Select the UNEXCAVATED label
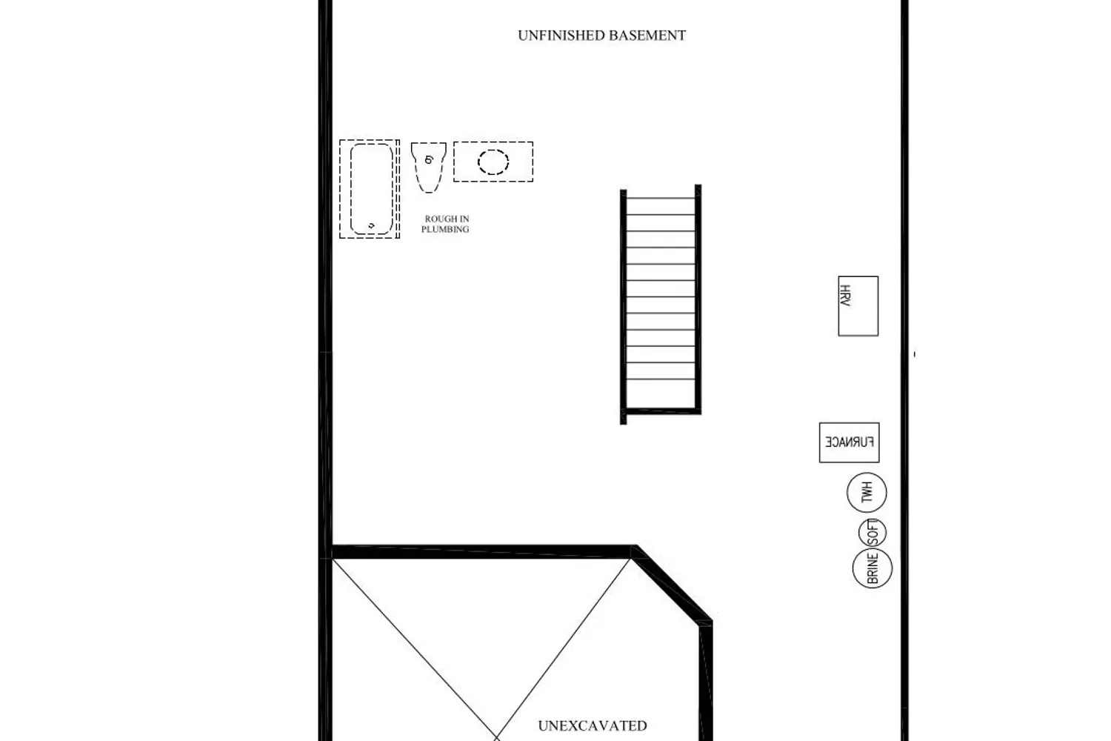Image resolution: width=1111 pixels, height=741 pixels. [593, 726]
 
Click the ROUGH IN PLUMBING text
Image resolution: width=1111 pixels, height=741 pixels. [446, 225]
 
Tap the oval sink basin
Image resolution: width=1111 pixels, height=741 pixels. [493, 162]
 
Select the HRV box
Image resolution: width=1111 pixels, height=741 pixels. [858, 306]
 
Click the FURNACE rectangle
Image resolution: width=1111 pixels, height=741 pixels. [849, 442]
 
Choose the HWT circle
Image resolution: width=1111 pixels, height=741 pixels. [867, 493]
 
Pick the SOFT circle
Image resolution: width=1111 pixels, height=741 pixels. [873, 533]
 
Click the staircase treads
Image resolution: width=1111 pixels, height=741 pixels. [661, 296]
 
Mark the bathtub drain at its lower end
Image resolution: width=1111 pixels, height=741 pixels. [371, 225]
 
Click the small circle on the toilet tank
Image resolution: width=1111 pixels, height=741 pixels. [429, 159]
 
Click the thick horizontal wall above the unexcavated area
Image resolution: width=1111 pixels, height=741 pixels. [481, 551]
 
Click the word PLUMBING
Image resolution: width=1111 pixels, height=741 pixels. [445, 230]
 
